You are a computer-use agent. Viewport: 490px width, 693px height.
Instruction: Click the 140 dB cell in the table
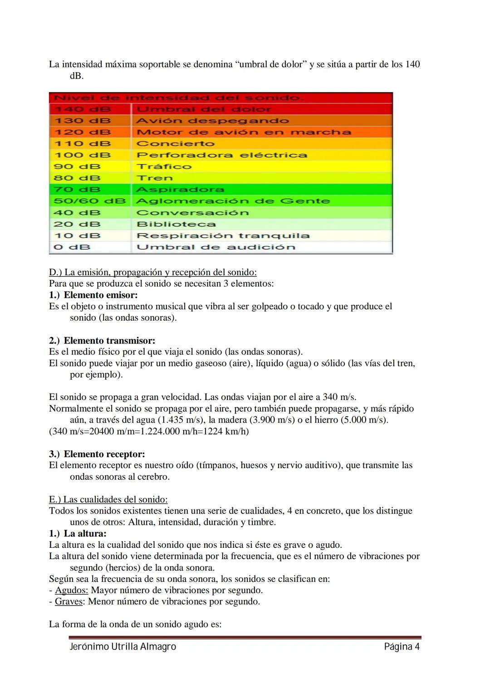click(83, 109)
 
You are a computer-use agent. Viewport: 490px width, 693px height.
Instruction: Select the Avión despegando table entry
click(212, 121)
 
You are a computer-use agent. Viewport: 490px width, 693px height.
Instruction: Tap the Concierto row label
click(176, 144)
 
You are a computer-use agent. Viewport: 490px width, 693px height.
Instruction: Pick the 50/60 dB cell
click(89, 201)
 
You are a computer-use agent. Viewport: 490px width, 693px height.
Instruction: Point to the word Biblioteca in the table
click(176, 224)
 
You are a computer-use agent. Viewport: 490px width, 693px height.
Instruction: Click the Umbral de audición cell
click(216, 247)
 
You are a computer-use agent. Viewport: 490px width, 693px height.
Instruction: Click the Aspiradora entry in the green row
click(180, 190)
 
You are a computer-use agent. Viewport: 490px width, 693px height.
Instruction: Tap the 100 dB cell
click(83, 155)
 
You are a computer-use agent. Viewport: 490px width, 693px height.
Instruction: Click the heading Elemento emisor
click(100, 295)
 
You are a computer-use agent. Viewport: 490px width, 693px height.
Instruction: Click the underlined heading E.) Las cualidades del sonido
click(108, 499)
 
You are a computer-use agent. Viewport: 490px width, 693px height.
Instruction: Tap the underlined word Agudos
click(71, 590)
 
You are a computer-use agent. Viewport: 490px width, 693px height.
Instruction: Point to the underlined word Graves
click(69, 601)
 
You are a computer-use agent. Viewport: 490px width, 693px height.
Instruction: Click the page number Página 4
click(402, 646)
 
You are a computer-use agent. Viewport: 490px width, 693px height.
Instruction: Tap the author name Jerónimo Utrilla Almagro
click(122, 646)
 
